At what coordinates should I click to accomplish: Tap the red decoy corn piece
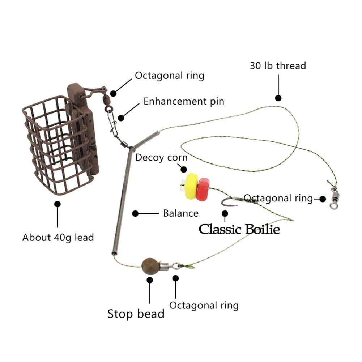(x=203, y=189)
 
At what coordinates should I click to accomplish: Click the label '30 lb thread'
(x=278, y=65)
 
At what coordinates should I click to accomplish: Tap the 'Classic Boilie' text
(x=239, y=229)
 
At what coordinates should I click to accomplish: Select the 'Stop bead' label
(x=136, y=314)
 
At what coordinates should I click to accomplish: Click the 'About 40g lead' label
(x=58, y=238)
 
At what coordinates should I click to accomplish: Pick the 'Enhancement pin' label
(x=184, y=101)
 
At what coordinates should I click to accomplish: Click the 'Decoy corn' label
(x=161, y=157)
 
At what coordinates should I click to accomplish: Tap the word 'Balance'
(x=180, y=213)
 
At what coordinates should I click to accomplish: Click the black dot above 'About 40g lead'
(x=58, y=204)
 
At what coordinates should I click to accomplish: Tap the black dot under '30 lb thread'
(x=278, y=98)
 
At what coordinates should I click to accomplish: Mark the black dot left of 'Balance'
(x=135, y=214)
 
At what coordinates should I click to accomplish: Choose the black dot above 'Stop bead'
(x=149, y=279)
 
